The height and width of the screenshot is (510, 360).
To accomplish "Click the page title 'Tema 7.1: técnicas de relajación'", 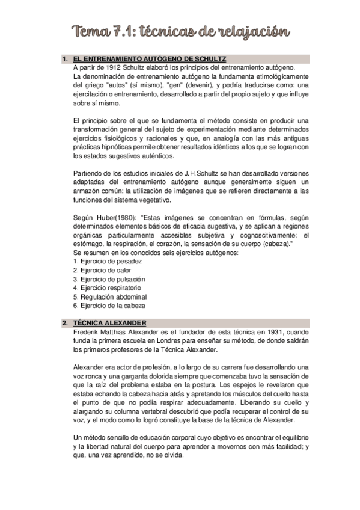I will pyautogui.click(x=180, y=31).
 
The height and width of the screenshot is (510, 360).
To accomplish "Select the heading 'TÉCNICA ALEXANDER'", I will pyautogui.click(x=109, y=323).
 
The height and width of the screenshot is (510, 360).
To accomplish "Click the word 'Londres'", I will pyautogui.click(x=168, y=340).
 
